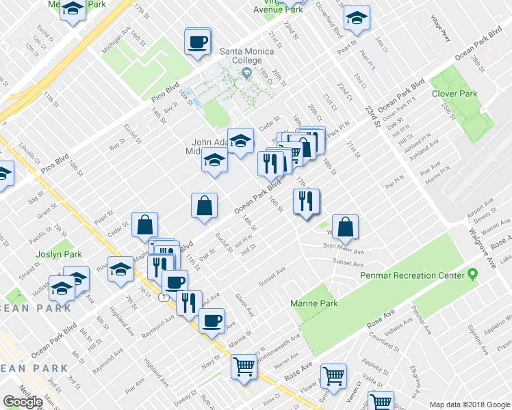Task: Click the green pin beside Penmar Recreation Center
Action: (472, 275)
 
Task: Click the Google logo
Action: (23, 402)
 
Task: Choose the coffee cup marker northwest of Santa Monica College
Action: (197, 42)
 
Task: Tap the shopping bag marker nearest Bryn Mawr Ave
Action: (346, 227)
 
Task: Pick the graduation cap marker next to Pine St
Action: (121, 268)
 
